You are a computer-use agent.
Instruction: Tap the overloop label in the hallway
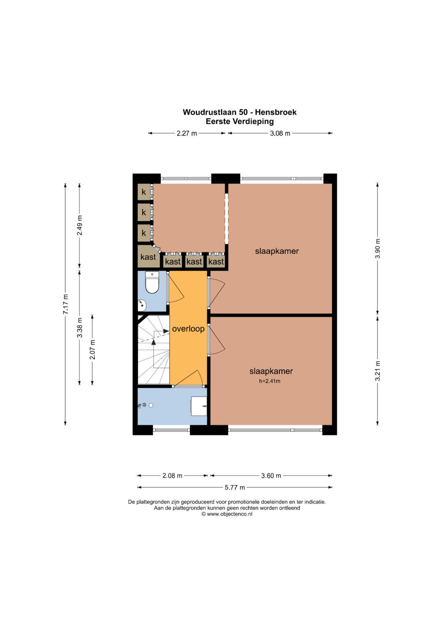coord(188,329)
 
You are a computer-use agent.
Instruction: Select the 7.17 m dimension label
coord(66,304)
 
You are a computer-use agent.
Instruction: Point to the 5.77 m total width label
coord(235,487)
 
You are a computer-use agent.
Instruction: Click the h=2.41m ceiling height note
coord(269,381)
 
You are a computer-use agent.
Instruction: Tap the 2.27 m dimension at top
coord(187,133)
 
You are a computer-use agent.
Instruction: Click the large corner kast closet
coord(148,256)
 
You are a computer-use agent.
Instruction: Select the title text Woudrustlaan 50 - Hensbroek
coord(240,112)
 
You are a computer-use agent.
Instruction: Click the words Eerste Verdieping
coord(240,121)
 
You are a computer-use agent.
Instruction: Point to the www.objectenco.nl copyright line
coord(227,514)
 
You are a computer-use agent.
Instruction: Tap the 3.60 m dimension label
coord(271,476)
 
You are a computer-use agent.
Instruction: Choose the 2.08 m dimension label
coord(172,476)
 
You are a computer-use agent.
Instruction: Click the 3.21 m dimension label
coord(377,371)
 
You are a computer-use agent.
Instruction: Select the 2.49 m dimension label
coord(80,225)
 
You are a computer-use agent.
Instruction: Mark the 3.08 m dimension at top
coord(280,133)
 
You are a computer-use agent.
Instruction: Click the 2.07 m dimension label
coord(93,349)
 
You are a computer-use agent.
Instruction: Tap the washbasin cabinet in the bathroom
coord(199,406)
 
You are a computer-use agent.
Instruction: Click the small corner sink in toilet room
coord(142,305)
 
